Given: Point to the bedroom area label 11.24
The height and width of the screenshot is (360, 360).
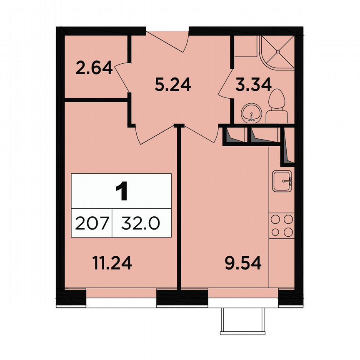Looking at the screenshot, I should pos(112,263).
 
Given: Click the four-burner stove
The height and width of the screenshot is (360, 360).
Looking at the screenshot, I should pos(282,225).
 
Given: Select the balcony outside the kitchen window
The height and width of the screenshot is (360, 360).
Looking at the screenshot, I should pos(243,321).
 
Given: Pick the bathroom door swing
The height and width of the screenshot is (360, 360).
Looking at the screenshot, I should pos(225,83).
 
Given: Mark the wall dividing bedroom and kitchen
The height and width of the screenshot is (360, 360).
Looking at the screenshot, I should pos(179,208).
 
